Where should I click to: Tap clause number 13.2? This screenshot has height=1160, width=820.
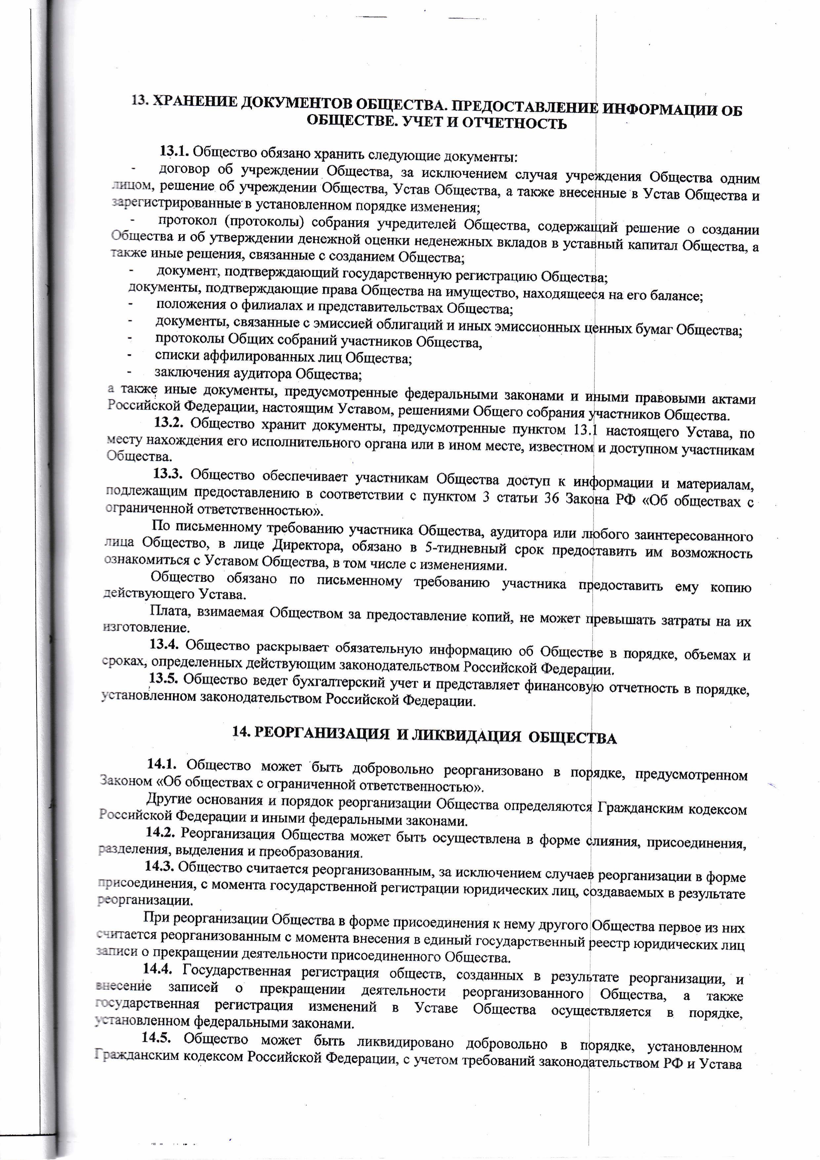(x=168, y=422)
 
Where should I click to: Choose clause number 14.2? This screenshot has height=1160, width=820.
(x=160, y=831)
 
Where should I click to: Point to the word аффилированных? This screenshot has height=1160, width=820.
(x=255, y=357)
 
